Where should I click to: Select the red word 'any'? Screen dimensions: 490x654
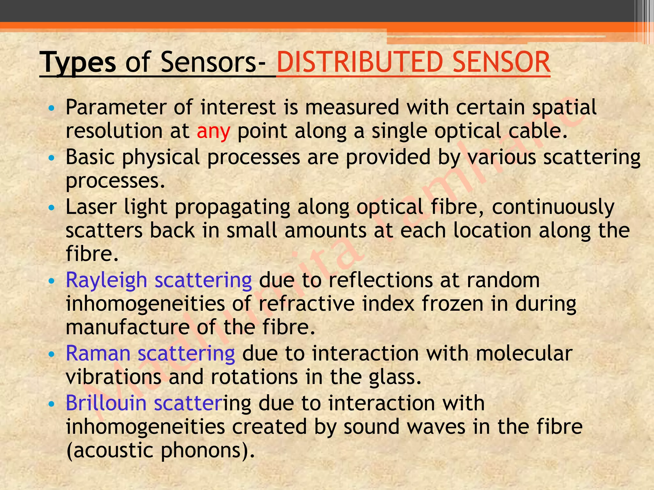click(x=213, y=131)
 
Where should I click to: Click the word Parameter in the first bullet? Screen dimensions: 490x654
click(x=116, y=107)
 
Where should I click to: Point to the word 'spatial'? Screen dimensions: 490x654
click(x=564, y=108)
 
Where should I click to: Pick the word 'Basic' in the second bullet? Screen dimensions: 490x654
click(x=90, y=157)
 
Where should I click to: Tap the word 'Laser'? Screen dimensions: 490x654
click(x=91, y=207)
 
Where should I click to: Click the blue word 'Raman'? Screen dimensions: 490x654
click(x=98, y=353)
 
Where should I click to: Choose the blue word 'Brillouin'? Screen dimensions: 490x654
click(x=106, y=403)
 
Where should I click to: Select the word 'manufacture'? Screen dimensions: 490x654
click(x=127, y=327)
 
